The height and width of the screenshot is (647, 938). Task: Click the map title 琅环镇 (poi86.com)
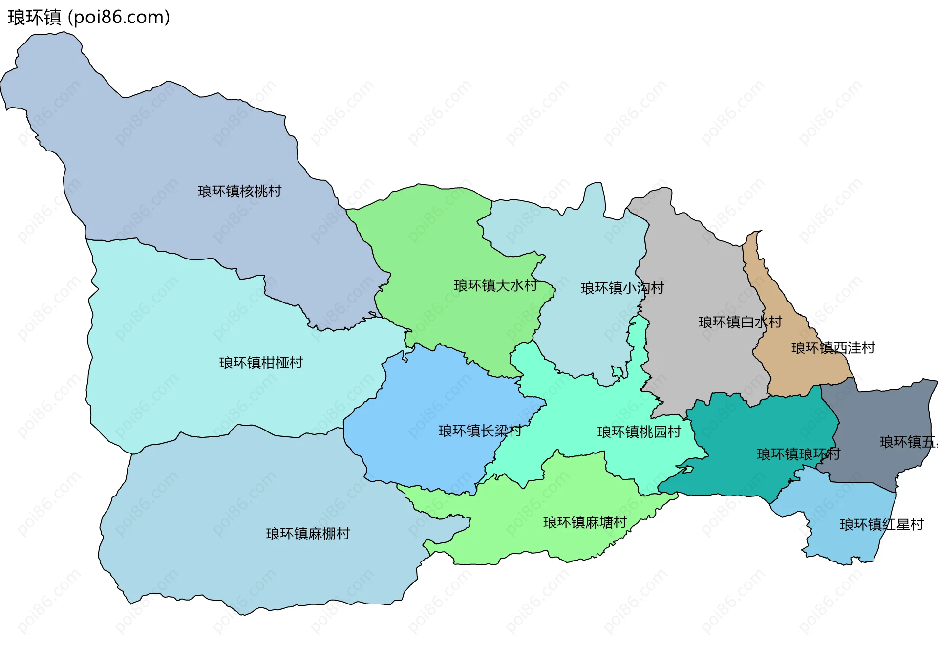tap(88, 17)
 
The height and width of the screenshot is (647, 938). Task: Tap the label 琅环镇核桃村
tap(239, 191)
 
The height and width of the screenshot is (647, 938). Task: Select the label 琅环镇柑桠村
tap(261, 363)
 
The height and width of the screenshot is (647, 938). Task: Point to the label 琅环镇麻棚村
tap(308, 534)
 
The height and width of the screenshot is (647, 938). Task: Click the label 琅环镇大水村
tap(495, 285)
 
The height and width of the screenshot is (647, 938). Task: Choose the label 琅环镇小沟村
tap(622, 288)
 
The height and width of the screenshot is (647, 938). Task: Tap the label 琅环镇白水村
tap(740, 322)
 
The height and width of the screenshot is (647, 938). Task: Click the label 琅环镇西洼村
tap(833, 348)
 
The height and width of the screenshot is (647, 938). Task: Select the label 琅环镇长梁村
tap(480, 431)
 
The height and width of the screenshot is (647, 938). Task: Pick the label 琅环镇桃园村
tap(639, 432)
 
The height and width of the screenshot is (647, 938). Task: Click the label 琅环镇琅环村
tap(798, 454)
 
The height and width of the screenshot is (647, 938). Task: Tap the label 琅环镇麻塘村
tap(585, 522)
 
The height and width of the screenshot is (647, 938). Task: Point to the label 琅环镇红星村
tap(881, 524)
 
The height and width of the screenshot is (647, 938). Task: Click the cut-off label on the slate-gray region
tap(908, 442)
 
